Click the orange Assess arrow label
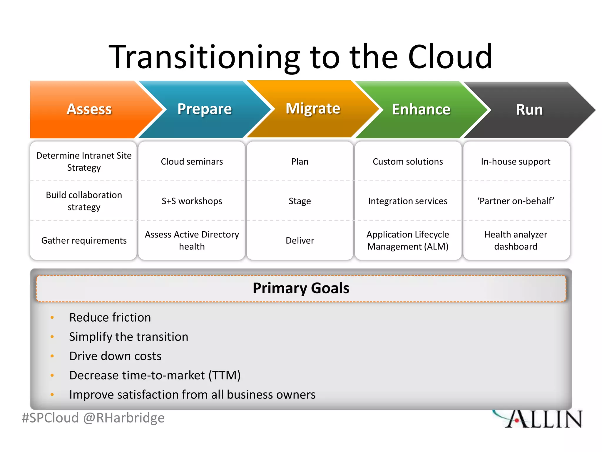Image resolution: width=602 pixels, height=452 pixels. click(x=89, y=109)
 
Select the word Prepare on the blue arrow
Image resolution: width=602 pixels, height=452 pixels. click(x=205, y=109)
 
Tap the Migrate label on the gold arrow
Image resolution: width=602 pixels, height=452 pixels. click(x=313, y=109)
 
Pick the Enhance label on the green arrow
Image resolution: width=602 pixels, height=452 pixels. click(x=421, y=109)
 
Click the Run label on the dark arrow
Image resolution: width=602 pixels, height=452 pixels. click(x=529, y=110)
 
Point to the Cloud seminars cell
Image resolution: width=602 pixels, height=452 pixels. click(x=192, y=162)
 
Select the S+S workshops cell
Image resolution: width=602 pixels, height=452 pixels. click(x=192, y=201)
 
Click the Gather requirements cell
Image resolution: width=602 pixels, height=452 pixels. click(x=84, y=240)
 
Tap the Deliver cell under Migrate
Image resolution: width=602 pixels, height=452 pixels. click(x=300, y=240)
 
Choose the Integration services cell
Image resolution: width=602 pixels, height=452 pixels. click(x=408, y=201)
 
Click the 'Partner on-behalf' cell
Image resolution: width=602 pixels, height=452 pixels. click(x=516, y=201)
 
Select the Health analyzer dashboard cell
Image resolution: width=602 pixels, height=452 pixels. click(x=516, y=240)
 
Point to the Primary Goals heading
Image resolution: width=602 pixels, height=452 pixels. click(x=301, y=288)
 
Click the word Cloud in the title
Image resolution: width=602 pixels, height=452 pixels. click(x=450, y=56)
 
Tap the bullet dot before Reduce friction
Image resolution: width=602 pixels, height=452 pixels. click(x=52, y=318)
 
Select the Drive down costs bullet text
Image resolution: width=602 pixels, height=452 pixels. click(x=115, y=356)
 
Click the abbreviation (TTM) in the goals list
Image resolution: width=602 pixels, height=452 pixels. click(x=225, y=375)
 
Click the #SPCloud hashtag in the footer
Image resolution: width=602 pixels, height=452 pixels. click(x=50, y=418)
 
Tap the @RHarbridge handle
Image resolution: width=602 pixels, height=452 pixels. click(x=124, y=418)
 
